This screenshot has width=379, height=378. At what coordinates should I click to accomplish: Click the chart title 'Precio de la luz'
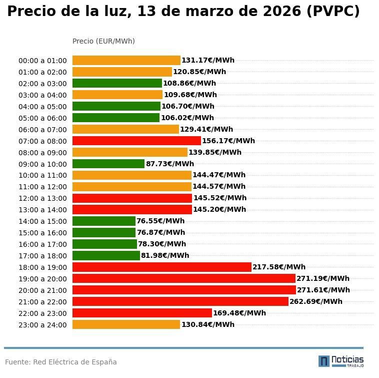pos(183,12)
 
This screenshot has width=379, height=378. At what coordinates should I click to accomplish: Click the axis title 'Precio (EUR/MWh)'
pos(103,41)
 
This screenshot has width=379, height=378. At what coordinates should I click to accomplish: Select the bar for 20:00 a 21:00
pos(184,290)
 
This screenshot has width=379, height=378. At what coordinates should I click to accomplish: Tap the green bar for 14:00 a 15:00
pos(104,221)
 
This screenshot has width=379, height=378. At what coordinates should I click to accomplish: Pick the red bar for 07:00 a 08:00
pos(136,141)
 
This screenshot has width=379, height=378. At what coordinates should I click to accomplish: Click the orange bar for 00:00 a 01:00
pos(126,60)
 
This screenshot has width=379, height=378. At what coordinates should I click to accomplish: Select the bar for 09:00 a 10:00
pos(108,164)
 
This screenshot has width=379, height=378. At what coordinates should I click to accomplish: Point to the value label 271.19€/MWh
pos(323,278)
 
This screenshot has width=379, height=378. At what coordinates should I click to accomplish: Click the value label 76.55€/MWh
pos(160,221)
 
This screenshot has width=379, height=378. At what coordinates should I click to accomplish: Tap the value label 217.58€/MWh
pos(279,267)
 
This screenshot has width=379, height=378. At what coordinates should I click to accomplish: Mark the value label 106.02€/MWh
pos(187,118)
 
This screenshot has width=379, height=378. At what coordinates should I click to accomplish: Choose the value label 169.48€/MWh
pos(239,313)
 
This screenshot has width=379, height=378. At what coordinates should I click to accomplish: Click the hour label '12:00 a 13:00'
pos(42,198)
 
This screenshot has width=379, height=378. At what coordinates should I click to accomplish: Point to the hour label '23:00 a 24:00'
pos(42,325)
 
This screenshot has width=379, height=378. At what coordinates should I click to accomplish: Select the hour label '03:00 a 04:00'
pos(42,95)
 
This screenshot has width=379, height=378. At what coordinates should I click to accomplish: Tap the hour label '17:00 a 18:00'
pos(42,256)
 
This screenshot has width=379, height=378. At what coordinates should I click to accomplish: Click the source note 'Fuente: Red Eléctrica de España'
pos(61,362)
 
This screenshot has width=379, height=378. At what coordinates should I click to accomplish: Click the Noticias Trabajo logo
pos(341,361)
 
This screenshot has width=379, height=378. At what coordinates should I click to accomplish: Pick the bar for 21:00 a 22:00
pos(180,301)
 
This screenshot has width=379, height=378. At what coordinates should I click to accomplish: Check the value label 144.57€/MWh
pos(219,186)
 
